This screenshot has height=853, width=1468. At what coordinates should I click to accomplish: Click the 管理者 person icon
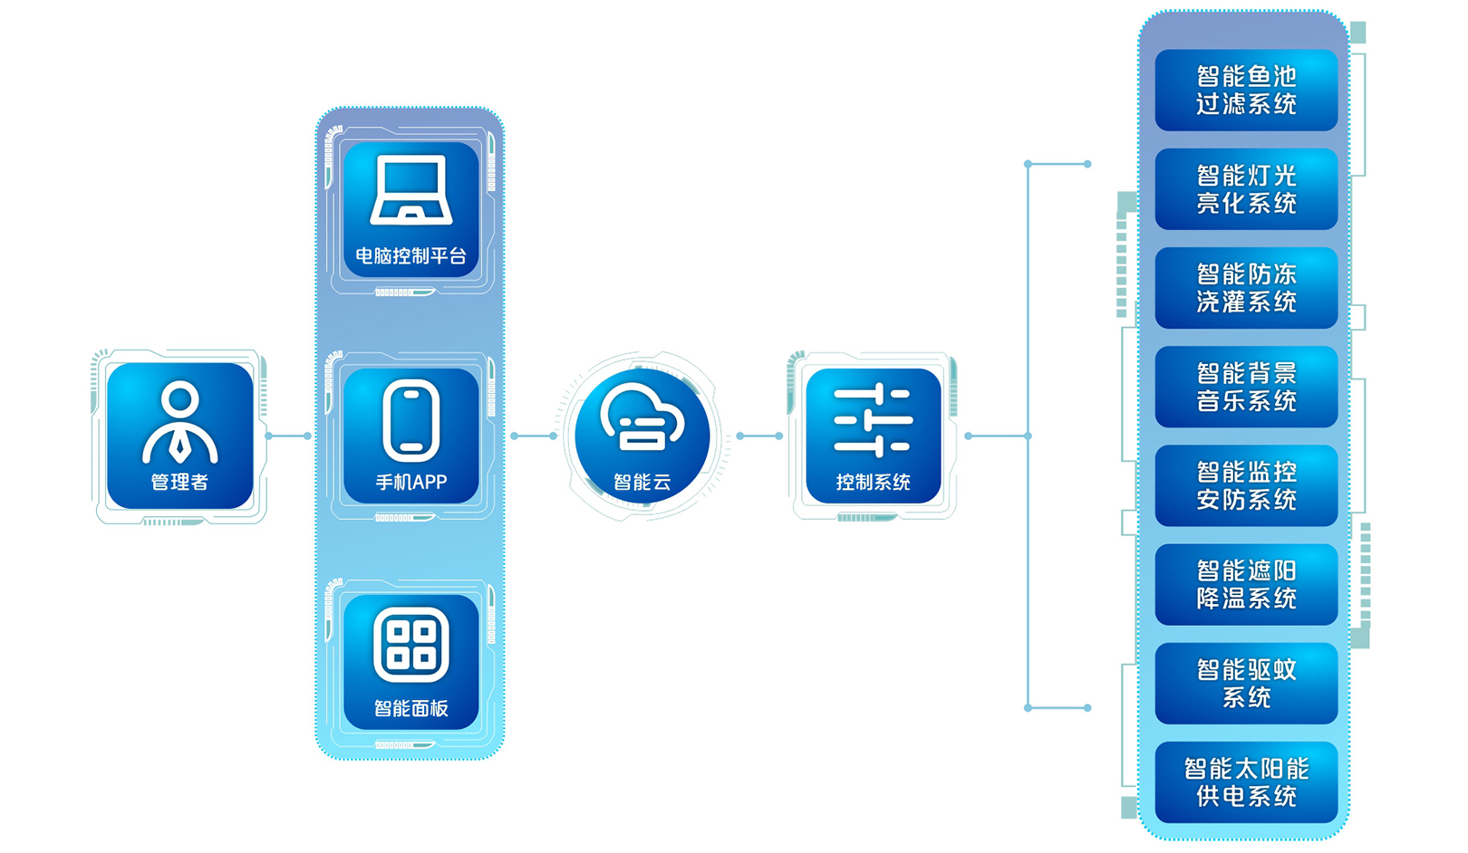(x=179, y=421)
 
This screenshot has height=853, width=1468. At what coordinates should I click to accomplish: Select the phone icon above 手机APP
(x=411, y=421)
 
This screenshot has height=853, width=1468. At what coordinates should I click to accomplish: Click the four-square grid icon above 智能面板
(x=411, y=646)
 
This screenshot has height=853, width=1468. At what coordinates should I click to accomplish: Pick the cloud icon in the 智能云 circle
(x=642, y=418)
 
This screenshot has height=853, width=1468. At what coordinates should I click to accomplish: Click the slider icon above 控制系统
(x=873, y=421)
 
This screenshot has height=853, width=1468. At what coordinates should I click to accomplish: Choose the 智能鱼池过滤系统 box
(x=1246, y=91)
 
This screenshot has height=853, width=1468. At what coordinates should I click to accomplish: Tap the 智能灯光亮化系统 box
(x=1246, y=189)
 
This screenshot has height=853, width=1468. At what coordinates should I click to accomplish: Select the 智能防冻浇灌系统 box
(x=1246, y=288)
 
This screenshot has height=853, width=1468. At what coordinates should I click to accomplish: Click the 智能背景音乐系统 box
(x=1246, y=387)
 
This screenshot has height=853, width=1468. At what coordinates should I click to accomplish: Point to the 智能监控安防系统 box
(x=1246, y=485)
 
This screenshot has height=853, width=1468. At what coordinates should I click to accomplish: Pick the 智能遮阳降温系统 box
(x=1246, y=584)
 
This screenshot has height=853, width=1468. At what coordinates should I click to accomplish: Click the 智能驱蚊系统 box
(x=1246, y=684)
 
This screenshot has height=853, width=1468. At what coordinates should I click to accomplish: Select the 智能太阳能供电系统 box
(x=1246, y=782)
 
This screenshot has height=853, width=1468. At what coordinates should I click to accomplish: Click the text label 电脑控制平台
(x=411, y=256)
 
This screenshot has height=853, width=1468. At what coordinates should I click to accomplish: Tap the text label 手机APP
(x=411, y=483)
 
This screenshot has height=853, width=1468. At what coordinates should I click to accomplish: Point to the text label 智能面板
(x=411, y=708)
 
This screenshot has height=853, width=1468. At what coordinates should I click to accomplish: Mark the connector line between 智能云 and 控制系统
(x=759, y=436)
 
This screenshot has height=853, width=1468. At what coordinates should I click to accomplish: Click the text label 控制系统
(x=873, y=483)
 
